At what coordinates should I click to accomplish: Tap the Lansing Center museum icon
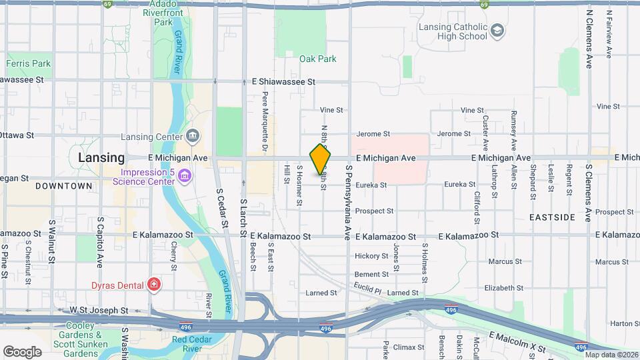pos(193,137)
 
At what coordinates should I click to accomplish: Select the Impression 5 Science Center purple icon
pos(185,176)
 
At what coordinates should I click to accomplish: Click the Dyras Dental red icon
pos(155,285)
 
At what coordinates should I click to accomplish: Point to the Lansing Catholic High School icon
pos(497,31)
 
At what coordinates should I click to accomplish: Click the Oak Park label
pos(318,59)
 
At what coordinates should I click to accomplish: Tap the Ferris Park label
pos(28,64)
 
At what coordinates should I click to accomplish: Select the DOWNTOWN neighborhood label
pos(63,185)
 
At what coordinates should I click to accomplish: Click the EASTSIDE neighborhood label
pos(552,217)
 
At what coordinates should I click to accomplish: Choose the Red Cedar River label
pos(197,344)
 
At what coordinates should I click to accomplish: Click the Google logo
pos(22,351)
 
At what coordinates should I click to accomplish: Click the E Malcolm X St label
pos(517,341)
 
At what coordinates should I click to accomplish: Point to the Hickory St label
pos(371,256)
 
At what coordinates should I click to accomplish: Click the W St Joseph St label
pos(99,311)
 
